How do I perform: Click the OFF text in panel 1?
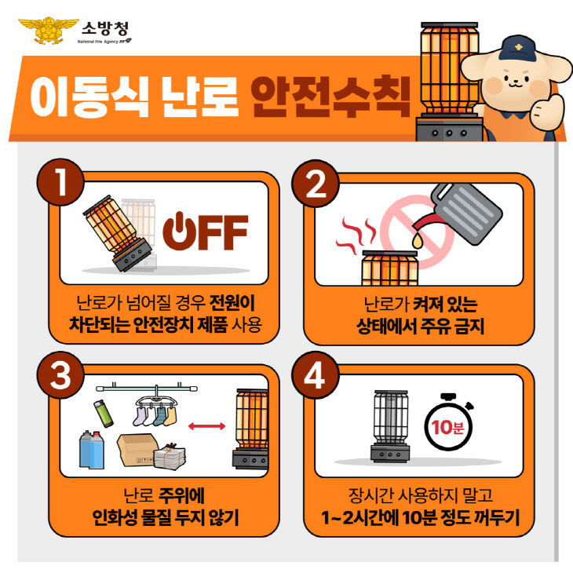point(205,229)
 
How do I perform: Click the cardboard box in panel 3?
point(141,450)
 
